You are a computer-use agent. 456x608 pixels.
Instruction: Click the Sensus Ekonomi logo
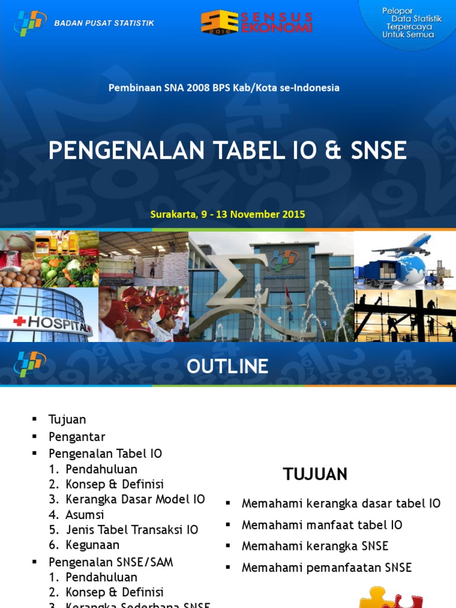tap(256, 22)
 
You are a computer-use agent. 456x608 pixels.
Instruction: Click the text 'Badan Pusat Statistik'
tap(104, 23)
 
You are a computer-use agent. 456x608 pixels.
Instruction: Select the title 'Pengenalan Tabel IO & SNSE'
tap(227, 151)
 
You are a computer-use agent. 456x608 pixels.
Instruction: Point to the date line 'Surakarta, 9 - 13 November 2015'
tap(228, 214)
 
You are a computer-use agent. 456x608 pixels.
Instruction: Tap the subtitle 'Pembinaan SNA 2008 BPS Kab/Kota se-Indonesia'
tap(224, 87)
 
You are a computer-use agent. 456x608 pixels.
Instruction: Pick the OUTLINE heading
tap(227, 366)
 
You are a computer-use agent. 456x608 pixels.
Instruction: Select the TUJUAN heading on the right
tap(315, 474)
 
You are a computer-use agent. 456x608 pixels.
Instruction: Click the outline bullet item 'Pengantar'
tap(77, 437)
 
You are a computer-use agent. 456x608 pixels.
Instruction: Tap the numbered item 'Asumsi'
tap(85, 514)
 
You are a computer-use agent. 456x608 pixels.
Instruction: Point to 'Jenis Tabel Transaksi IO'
tap(132, 530)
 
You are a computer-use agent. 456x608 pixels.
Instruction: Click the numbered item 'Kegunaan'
tap(93, 544)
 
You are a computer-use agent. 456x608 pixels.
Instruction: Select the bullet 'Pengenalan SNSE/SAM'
tap(110, 562)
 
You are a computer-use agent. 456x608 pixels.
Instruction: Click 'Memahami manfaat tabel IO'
tap(322, 525)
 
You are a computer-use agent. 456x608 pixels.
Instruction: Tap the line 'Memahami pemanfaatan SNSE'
tap(327, 568)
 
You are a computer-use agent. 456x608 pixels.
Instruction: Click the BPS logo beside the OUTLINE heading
tap(30, 363)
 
